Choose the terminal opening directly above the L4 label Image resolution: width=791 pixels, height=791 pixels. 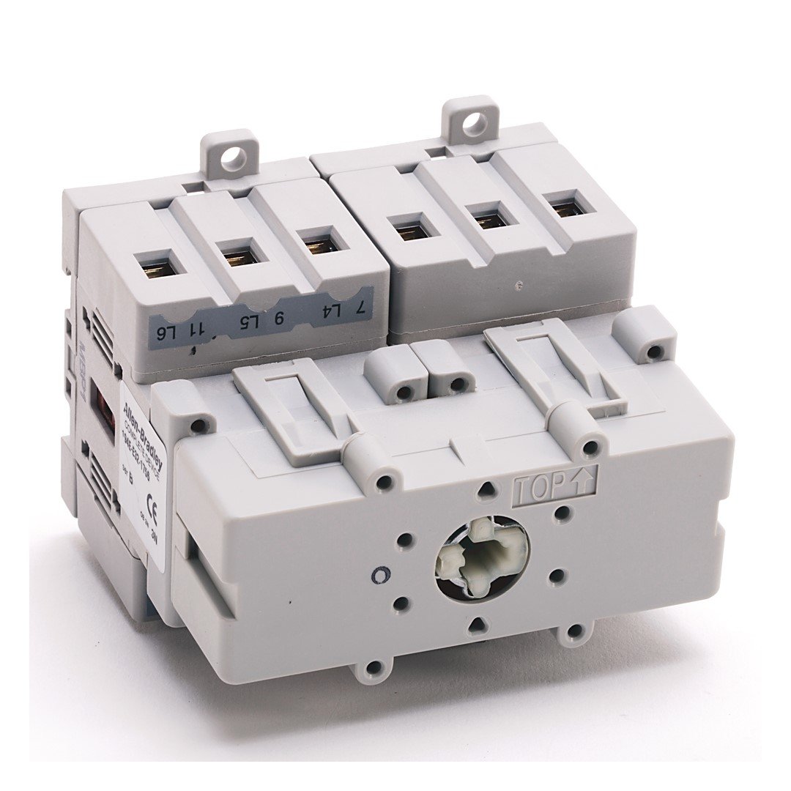click(319, 239)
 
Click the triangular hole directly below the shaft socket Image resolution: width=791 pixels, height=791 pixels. click(477, 625)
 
